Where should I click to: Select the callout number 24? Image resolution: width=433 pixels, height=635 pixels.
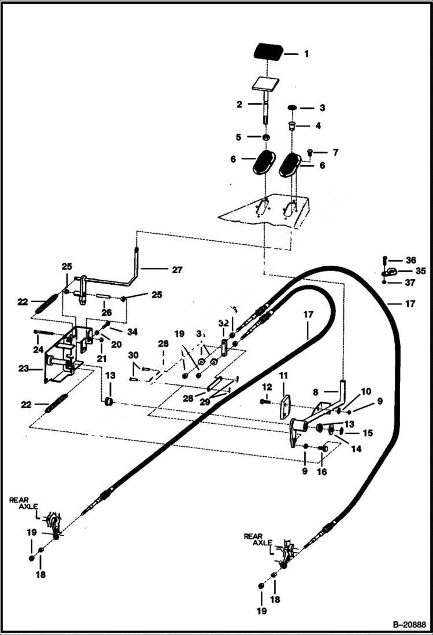39,350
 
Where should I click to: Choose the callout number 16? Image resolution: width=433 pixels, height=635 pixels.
321,472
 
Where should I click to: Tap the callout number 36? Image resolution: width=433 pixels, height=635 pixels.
410,260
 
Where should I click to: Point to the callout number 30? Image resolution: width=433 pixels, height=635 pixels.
133,355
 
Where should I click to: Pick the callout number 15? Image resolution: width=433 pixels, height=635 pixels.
368,432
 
